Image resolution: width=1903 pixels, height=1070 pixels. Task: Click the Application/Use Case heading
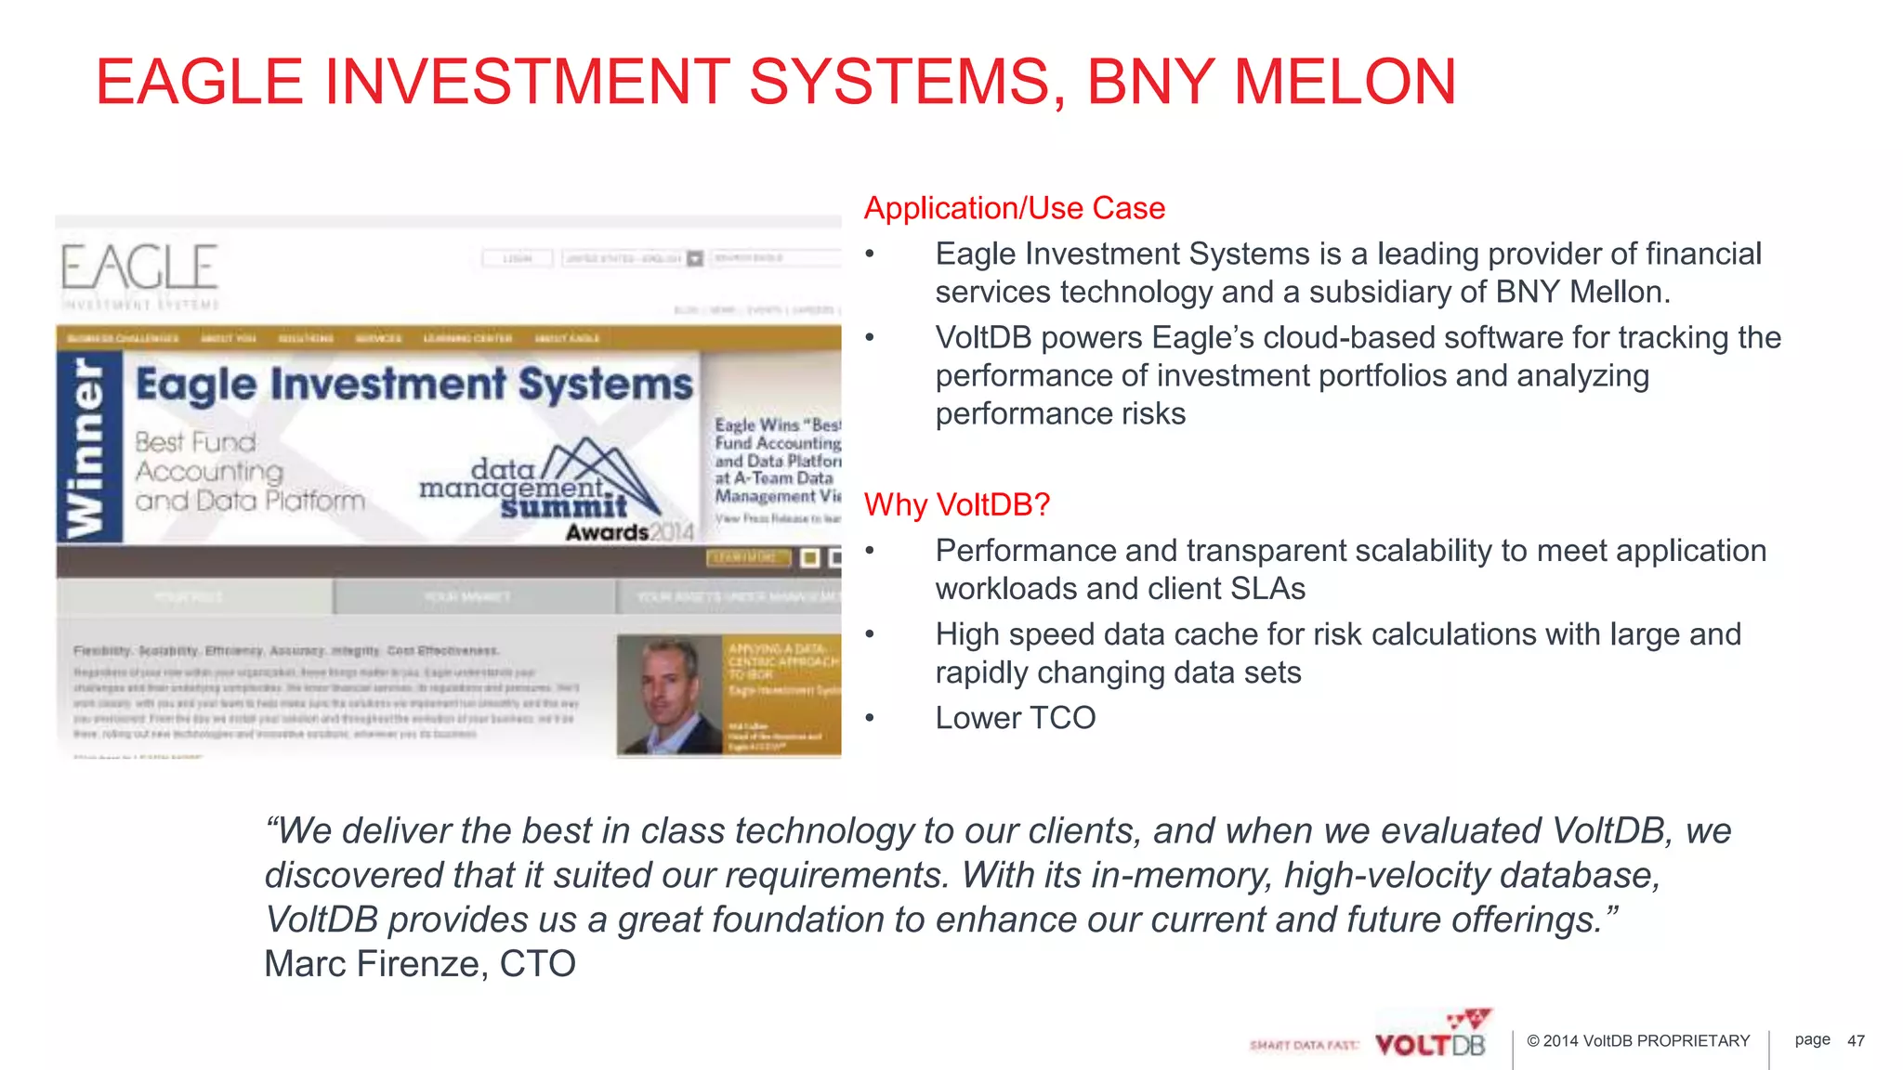click(x=1014, y=208)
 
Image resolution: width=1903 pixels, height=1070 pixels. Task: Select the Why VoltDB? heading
click(x=956, y=504)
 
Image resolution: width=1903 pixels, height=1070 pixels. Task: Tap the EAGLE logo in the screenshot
click(x=140, y=268)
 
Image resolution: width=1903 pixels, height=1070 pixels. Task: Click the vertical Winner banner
click(x=89, y=448)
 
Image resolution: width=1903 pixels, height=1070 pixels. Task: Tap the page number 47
click(x=1856, y=1041)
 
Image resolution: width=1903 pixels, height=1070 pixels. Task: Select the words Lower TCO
click(x=1015, y=718)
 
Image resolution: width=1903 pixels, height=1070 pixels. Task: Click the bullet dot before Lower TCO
click(x=870, y=718)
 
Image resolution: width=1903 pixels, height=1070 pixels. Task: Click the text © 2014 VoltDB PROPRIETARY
click(x=1638, y=1041)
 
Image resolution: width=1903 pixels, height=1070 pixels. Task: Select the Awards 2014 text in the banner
click(x=630, y=532)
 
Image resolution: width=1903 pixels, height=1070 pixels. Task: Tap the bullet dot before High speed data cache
click(x=870, y=634)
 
